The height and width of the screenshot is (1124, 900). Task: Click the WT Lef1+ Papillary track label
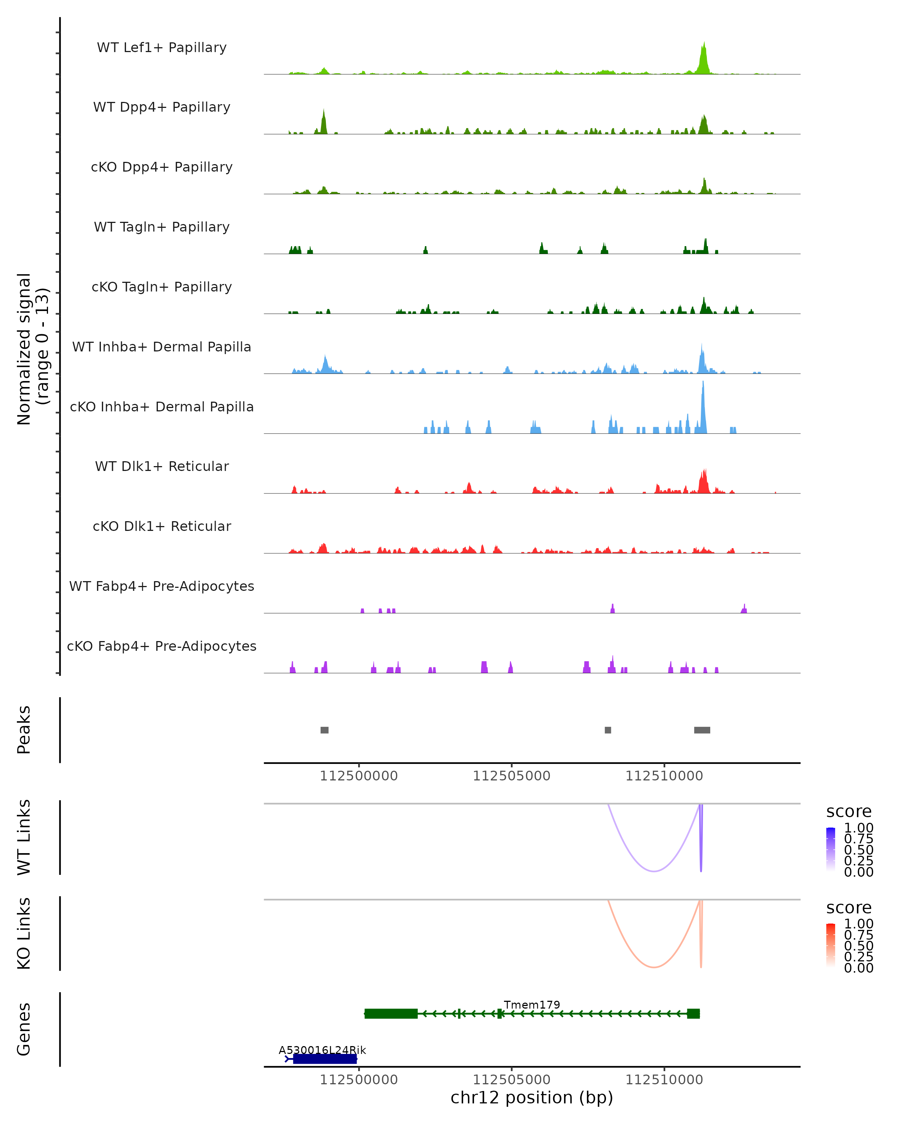coord(162,48)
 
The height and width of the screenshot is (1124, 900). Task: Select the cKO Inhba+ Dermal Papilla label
coord(162,407)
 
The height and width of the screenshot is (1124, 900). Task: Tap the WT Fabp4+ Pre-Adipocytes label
coord(162,586)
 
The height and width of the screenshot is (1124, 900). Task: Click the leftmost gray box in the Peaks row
coord(324,730)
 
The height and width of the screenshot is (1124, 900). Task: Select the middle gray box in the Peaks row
coord(608,730)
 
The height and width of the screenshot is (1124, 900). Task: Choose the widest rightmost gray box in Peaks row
coord(702,730)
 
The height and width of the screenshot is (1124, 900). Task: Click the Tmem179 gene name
coord(532,1004)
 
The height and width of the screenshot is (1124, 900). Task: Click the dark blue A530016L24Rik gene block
coord(324,1059)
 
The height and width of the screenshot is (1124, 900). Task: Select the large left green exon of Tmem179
coord(391,1013)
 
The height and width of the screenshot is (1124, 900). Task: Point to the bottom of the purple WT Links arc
coord(653,871)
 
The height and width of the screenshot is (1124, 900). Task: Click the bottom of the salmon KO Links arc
coord(653,967)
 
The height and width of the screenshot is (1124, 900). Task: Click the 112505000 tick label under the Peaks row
coord(511,776)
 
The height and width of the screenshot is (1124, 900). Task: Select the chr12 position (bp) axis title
coord(532,1097)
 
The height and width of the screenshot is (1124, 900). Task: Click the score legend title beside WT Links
coord(848,812)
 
